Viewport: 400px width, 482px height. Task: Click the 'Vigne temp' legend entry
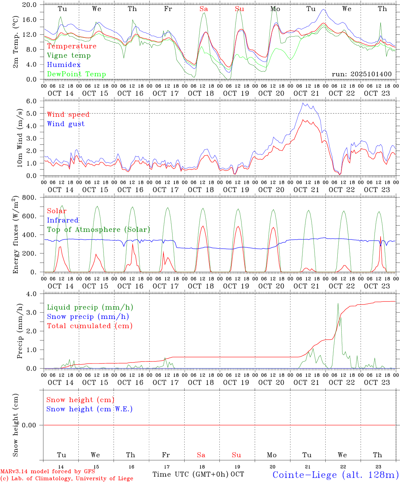(69, 56)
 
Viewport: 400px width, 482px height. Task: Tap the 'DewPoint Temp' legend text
(76, 74)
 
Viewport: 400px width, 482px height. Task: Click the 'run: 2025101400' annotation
(361, 74)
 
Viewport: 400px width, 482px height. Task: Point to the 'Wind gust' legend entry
(66, 124)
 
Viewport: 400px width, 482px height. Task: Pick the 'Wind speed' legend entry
(68, 114)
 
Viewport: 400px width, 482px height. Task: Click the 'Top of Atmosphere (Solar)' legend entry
(98, 230)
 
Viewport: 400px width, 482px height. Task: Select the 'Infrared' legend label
(63, 220)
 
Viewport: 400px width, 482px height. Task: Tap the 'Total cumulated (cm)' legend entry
(90, 326)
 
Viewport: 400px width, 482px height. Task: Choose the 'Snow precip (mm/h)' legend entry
(88, 317)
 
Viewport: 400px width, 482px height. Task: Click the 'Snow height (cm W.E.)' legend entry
(89, 409)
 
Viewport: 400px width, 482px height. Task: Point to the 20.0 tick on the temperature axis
(34, 5)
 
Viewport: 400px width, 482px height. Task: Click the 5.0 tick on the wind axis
(35, 113)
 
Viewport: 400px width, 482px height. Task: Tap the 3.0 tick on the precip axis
(35, 312)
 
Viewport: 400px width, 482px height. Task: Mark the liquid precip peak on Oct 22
(338, 303)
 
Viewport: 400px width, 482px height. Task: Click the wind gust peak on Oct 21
(303, 103)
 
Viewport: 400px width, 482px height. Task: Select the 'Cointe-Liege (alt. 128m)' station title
(335, 475)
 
